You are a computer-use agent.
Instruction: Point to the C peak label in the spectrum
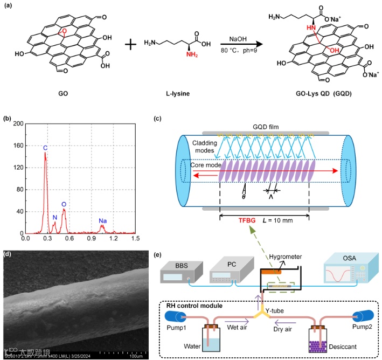[45, 147]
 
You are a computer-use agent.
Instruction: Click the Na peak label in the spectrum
[102, 221]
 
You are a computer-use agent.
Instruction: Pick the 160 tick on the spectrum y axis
[17, 146]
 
